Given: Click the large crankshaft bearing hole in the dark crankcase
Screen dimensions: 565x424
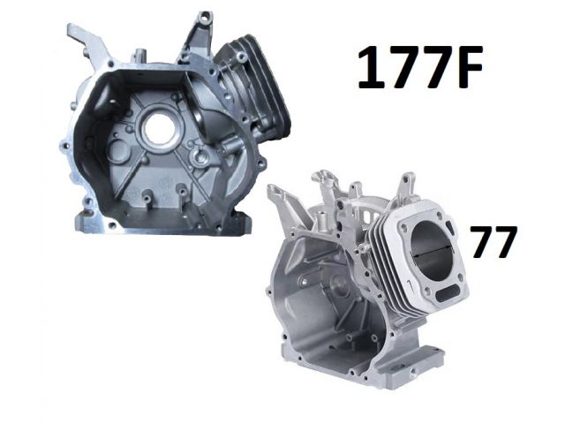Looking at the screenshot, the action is pos(160,128).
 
